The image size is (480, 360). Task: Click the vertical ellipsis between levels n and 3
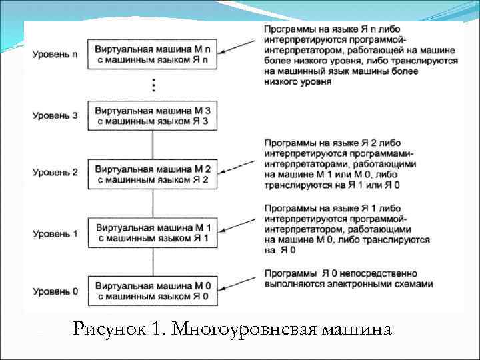click(x=153, y=85)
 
